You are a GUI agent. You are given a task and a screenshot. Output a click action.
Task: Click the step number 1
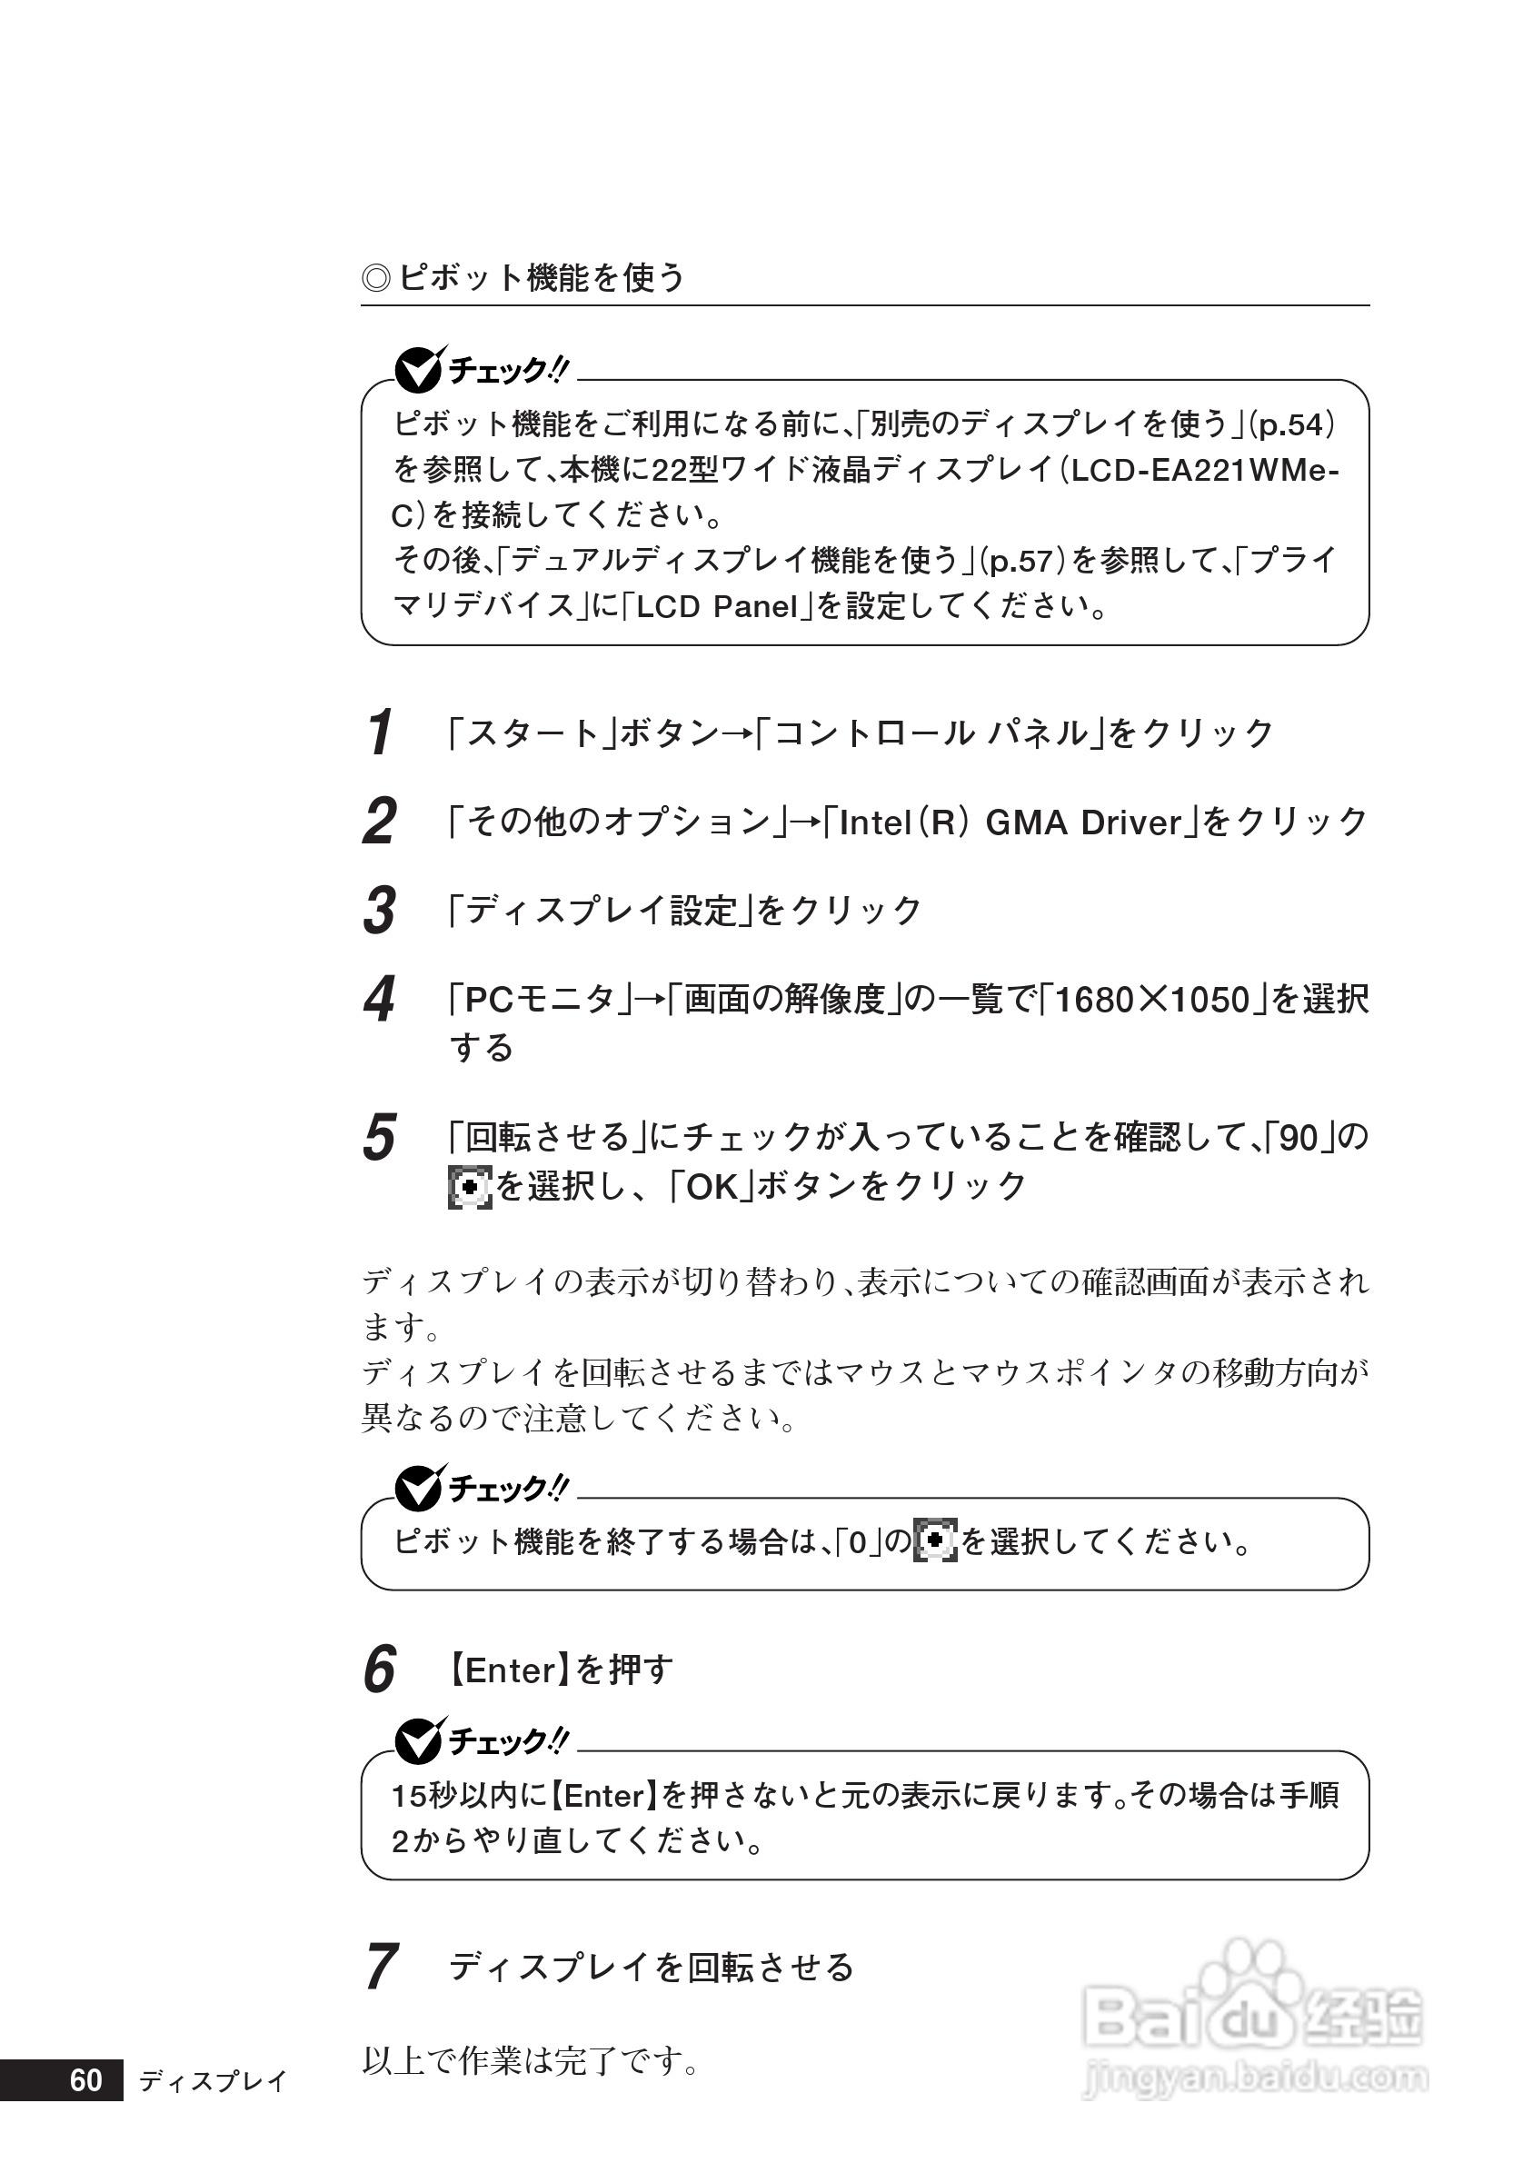380,733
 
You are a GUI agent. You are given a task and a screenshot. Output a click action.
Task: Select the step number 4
379,1001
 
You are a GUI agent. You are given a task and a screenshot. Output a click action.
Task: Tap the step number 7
380,1967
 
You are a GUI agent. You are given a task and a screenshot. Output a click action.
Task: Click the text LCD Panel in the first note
717,607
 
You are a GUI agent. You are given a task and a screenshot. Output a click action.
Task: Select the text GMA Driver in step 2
1083,823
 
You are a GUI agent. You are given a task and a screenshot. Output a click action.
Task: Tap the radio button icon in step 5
470,1187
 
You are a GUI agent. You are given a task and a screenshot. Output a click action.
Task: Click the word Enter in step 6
511,1670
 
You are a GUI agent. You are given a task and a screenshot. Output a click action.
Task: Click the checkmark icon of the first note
417,370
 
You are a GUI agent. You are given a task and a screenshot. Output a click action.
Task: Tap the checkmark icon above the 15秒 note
417,1741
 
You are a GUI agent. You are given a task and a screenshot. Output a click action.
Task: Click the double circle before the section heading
376,279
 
